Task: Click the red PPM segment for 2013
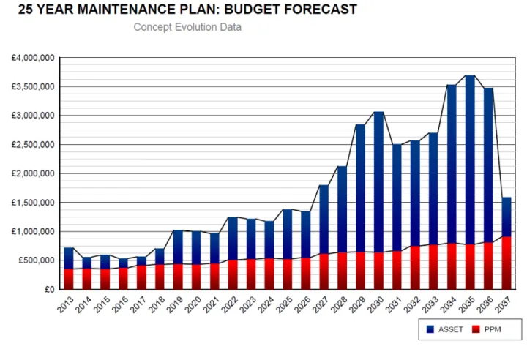(69, 279)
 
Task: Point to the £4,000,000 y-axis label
(32, 58)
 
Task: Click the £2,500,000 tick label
(32, 145)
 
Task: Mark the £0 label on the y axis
(48, 290)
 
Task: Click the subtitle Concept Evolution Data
(187, 27)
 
